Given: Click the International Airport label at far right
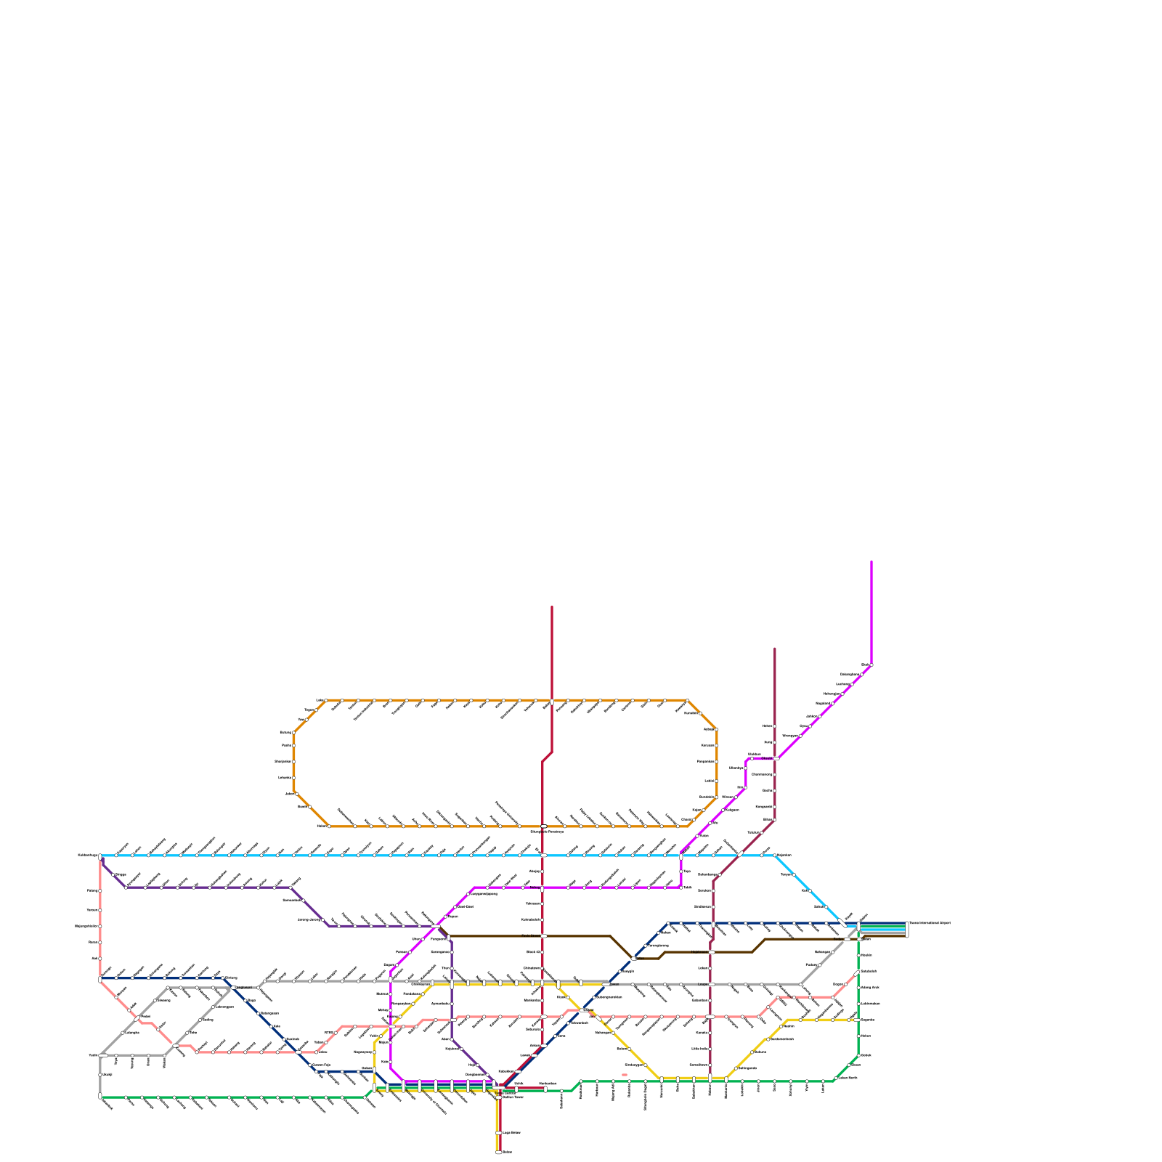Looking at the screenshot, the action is coord(930,923).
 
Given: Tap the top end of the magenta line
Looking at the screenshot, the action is coord(871,561).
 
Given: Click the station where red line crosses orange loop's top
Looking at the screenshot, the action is coord(552,701).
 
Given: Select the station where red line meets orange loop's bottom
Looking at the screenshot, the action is coord(543,826).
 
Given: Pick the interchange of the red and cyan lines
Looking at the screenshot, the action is coord(543,856).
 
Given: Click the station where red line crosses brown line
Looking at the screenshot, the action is coord(543,936).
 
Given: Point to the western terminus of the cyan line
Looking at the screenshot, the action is coord(100,856).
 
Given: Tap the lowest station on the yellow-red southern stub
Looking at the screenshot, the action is coord(498,1153).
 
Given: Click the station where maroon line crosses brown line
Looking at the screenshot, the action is coord(712,951).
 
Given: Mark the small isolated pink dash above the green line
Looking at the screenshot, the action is coord(625,1075).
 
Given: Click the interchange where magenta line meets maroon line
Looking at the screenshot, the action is coord(776,758).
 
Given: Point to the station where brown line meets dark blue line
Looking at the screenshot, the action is coord(634,959).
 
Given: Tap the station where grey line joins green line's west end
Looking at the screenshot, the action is coord(100,1096).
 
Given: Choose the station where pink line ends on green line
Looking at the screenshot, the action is coord(858,972).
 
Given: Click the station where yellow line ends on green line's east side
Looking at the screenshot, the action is coord(858,1020).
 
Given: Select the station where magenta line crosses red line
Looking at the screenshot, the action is coord(543,887).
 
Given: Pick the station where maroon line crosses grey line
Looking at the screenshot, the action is coord(711,984).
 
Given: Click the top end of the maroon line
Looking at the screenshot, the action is coord(775,649).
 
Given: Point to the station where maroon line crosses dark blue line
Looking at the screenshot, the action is coord(712,923).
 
